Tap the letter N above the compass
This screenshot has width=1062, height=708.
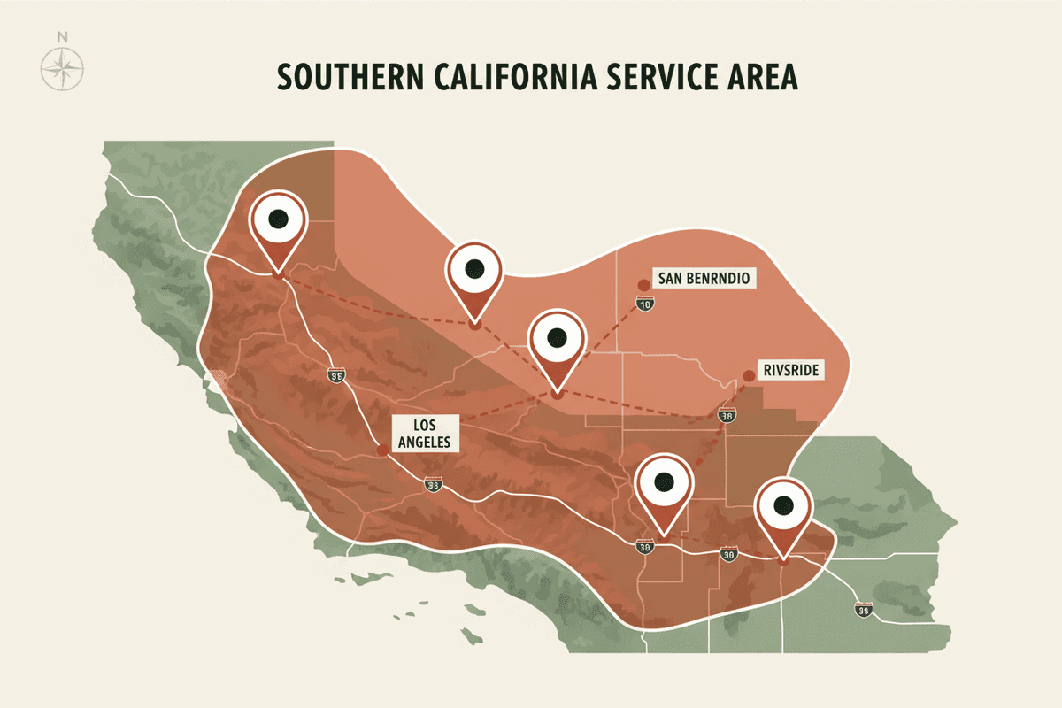click(62, 37)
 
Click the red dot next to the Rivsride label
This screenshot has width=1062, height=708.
click(749, 375)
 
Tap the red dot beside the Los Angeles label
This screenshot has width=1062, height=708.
click(381, 450)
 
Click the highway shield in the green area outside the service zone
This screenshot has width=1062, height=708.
click(863, 609)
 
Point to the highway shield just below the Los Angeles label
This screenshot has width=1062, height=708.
click(433, 484)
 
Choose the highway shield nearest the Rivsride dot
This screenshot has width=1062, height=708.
click(727, 416)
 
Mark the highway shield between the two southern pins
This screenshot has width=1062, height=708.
click(728, 555)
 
